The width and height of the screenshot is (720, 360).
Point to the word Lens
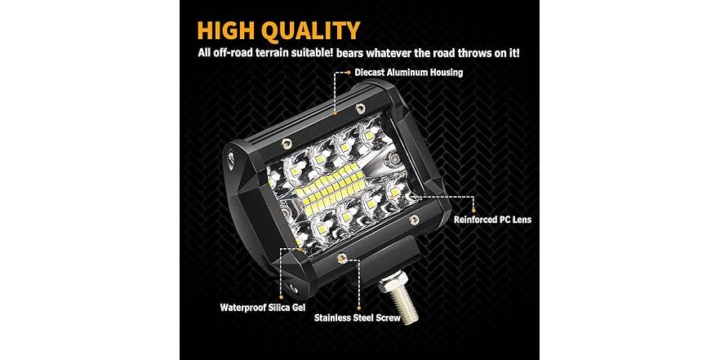click(520, 220)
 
